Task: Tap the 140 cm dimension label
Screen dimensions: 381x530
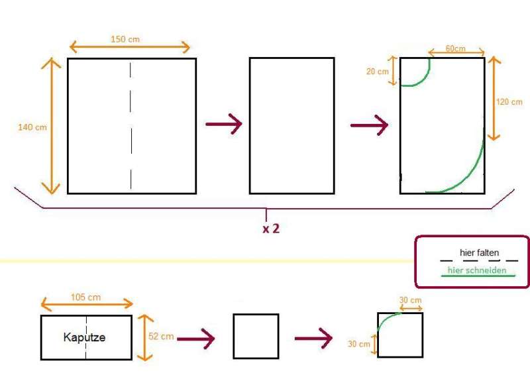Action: click(32, 126)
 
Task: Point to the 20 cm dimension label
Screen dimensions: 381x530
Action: click(377, 72)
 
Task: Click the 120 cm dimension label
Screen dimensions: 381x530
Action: click(509, 102)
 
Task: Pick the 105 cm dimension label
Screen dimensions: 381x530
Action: click(85, 297)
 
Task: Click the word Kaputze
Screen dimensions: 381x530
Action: click(84, 337)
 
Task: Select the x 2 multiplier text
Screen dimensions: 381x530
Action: click(270, 229)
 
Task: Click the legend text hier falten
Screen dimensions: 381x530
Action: click(479, 253)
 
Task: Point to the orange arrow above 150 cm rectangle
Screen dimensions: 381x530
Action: click(129, 48)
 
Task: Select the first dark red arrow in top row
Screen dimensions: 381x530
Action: click(223, 124)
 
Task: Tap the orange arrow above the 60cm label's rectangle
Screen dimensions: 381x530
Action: click(456, 53)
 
